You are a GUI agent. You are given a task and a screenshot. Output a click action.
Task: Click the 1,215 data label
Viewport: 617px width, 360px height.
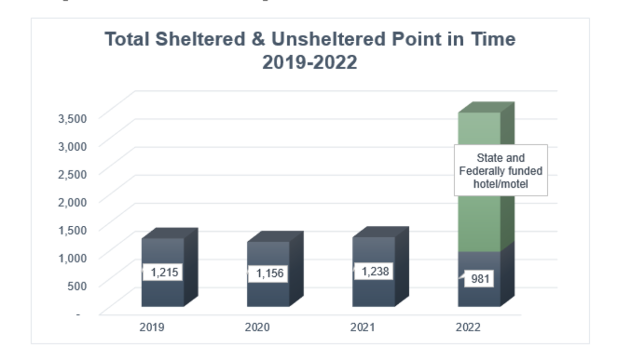pos(164,272)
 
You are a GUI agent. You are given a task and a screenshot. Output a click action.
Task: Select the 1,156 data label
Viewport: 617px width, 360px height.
pos(269,273)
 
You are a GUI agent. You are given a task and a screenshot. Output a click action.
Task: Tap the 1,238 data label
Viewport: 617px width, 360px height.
pos(375,271)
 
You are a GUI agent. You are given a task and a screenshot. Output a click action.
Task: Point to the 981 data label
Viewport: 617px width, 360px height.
pos(480,279)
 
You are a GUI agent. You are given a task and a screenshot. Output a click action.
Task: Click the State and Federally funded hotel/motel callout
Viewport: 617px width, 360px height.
pos(501,171)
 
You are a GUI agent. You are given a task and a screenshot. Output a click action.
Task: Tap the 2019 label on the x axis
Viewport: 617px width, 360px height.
pos(152,327)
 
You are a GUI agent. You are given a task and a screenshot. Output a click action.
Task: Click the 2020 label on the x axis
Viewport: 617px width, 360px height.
pos(257,327)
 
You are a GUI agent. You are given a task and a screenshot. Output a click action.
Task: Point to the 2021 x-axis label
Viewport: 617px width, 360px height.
pos(363,327)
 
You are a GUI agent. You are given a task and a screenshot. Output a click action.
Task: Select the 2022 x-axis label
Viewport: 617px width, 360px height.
pos(468,327)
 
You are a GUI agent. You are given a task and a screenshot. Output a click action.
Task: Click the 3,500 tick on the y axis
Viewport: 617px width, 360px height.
pos(72,118)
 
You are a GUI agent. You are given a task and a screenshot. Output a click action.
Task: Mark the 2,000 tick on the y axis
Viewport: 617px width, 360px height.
pos(72,202)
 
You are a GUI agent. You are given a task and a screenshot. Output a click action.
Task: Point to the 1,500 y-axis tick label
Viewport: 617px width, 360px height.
pos(72,230)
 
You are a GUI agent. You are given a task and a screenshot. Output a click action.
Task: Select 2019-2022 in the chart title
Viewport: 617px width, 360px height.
pos(309,63)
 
